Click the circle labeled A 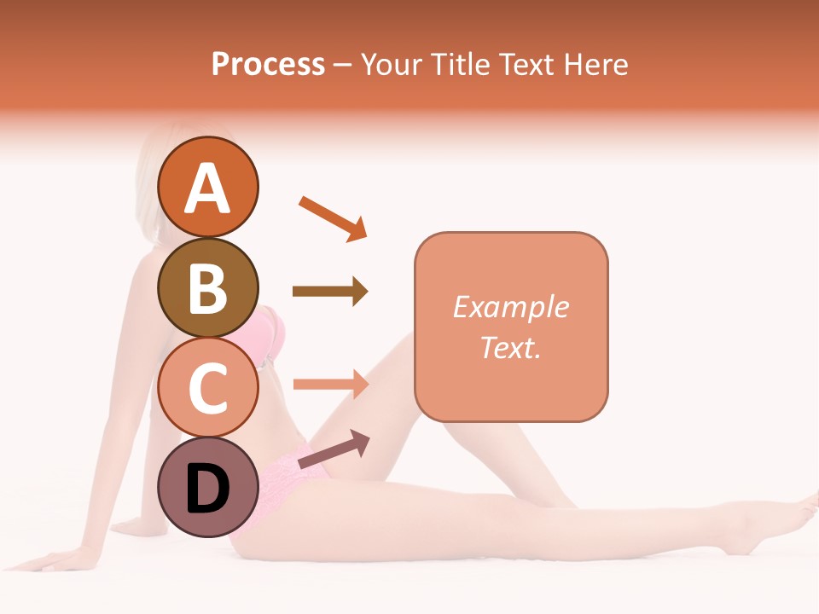[207, 187]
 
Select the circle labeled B [207, 287]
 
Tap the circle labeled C [207, 387]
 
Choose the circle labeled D [207, 487]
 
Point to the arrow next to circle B [330, 292]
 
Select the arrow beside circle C [330, 384]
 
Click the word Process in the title [268, 64]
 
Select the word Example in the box [510, 307]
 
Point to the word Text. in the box [510, 347]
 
